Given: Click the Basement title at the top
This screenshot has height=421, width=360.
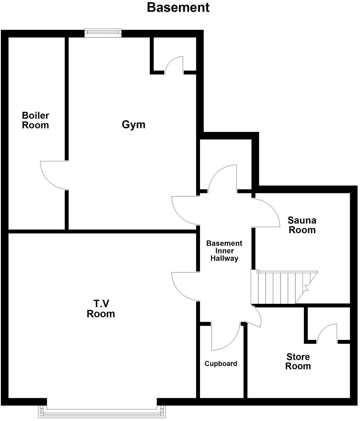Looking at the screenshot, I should (178, 7).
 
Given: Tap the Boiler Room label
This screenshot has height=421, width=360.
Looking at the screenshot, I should (35, 120).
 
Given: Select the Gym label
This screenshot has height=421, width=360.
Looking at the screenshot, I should (133, 124).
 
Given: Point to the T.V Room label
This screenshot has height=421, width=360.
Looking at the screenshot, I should (101, 309).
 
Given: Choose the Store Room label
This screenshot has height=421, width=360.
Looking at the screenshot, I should (298, 361).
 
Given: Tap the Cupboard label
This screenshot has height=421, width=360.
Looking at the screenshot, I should (221, 364).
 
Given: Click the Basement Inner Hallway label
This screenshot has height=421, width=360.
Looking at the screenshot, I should (224, 251).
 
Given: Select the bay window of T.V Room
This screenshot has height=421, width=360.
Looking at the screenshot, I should (102, 412).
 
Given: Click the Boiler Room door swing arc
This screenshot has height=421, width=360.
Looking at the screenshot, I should (53, 175).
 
